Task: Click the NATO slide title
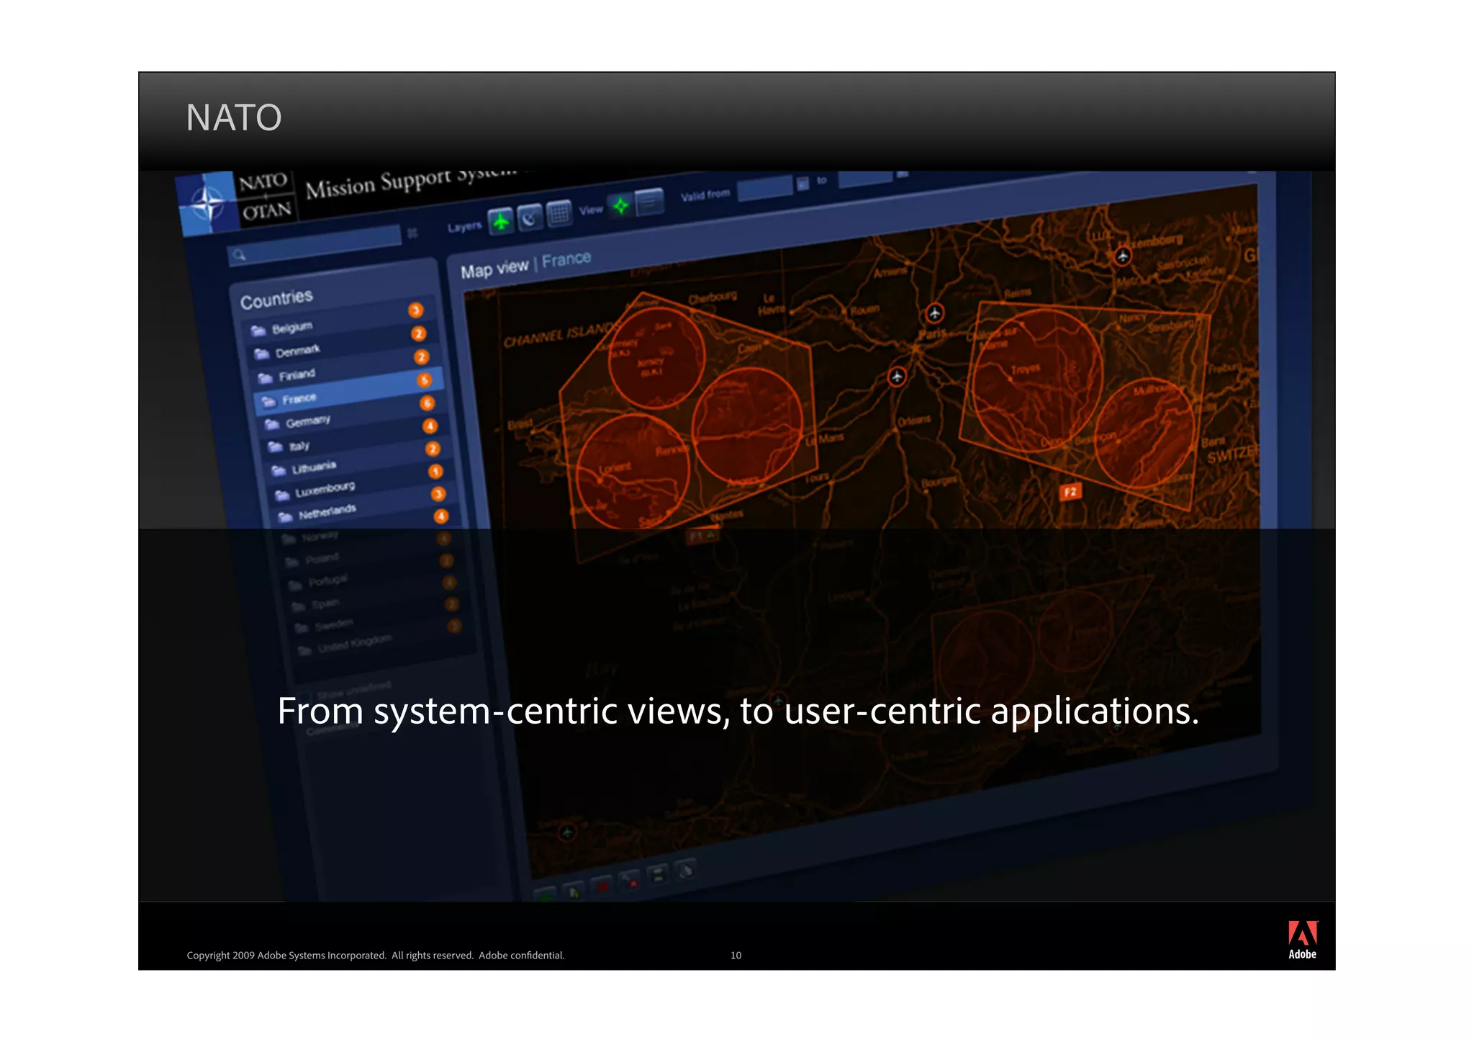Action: (233, 117)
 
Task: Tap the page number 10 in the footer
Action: (736, 956)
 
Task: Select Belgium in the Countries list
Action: (291, 328)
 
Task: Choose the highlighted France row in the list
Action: (299, 398)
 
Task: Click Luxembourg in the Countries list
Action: (325, 490)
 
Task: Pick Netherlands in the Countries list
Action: (327, 512)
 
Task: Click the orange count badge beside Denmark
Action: (418, 333)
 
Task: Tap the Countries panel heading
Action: (276, 299)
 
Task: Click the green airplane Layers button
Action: (501, 221)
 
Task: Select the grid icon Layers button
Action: (559, 213)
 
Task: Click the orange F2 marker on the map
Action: (1070, 492)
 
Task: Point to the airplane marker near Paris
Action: (934, 313)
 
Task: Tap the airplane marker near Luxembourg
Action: (1122, 256)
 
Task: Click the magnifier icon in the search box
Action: (239, 255)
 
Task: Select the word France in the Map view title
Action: (566, 259)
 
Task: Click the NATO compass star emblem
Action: (207, 204)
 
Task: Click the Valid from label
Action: (705, 194)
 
